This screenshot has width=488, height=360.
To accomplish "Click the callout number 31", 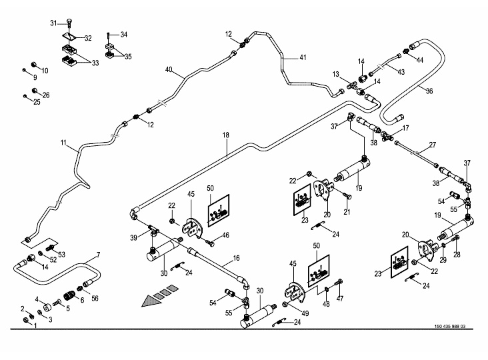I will [x=54, y=23].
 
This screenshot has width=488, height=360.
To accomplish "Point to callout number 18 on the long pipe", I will [x=226, y=135].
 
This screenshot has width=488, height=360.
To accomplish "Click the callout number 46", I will [x=225, y=235].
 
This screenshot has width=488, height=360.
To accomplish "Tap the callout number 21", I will [x=347, y=213].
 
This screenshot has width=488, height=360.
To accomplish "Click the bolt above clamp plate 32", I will [x=70, y=25].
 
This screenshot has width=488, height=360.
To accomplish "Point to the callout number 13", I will [x=337, y=74].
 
